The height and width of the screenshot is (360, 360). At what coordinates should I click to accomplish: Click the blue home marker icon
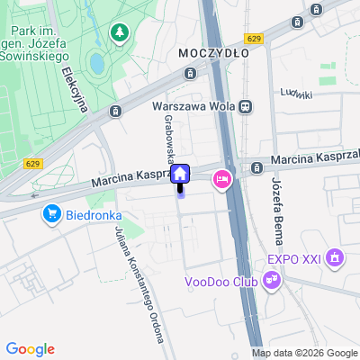[x=180, y=174]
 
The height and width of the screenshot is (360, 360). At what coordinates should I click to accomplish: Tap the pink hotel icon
[x=221, y=180]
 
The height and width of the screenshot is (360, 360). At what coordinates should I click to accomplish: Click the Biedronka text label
[x=93, y=216]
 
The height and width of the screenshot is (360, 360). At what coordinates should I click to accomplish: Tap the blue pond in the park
[x=96, y=63]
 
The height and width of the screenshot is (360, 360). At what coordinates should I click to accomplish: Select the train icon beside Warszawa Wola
[x=246, y=105]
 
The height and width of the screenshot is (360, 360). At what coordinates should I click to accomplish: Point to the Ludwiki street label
[x=295, y=94]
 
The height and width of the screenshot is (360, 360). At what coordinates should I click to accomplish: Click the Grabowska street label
[x=168, y=138]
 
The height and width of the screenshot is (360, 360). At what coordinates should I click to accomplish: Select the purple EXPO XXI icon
[x=336, y=260]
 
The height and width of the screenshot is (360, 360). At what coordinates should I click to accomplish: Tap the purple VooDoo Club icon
[x=272, y=282]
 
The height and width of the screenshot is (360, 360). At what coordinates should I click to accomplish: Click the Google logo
[x=30, y=349]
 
